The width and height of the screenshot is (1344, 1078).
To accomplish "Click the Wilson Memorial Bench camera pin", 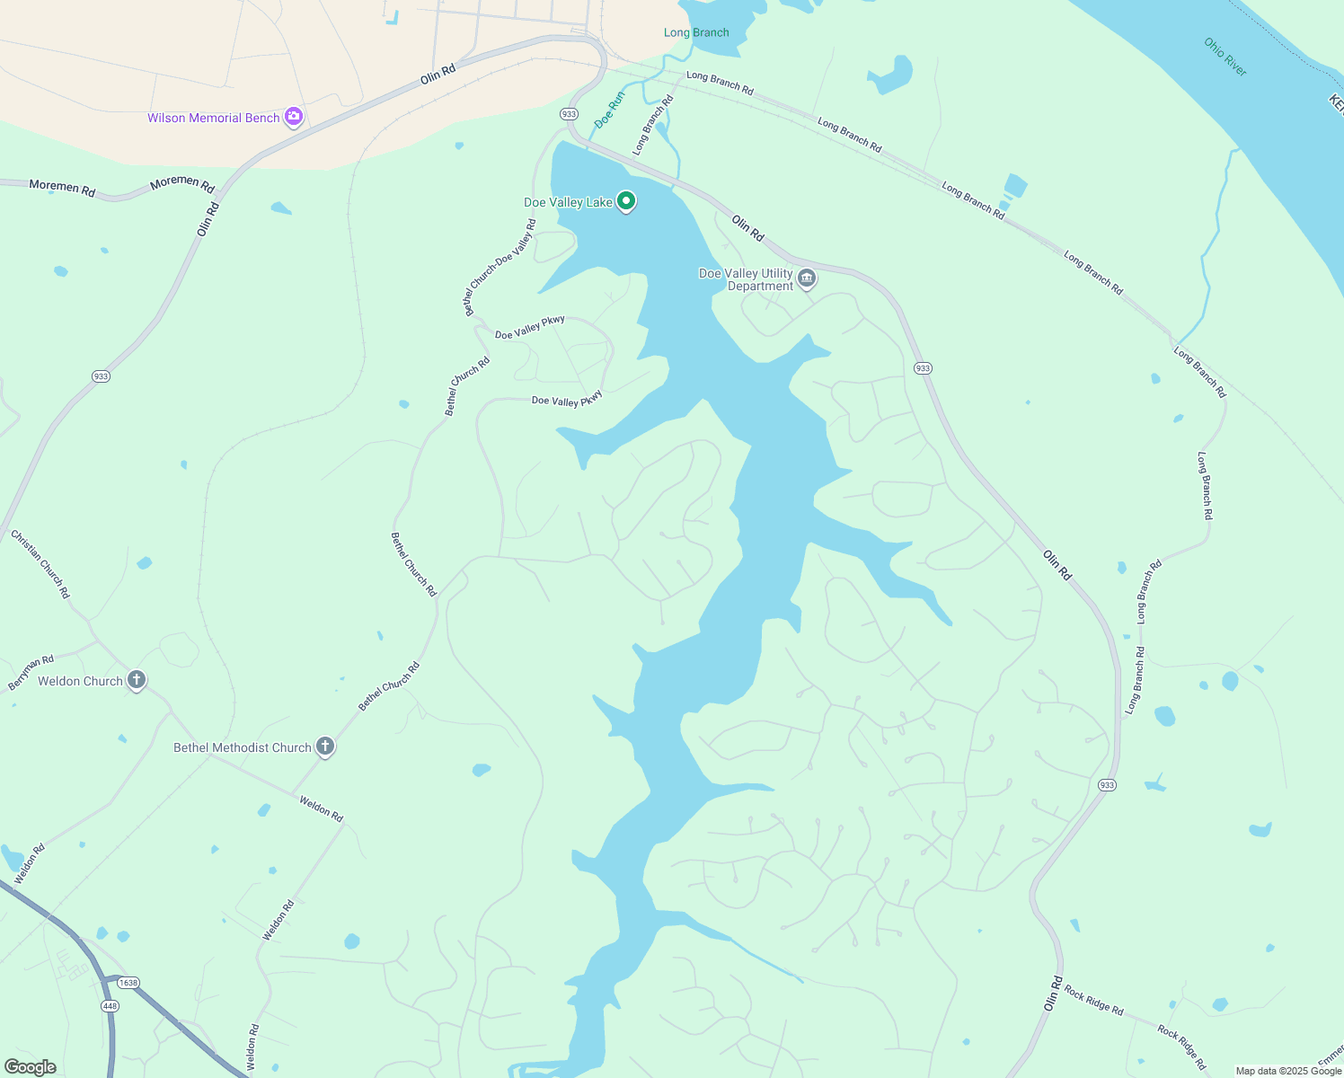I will [x=293, y=117].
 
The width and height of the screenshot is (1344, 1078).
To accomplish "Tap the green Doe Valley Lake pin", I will [x=626, y=201].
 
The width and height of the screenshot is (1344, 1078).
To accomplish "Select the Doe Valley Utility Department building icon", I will [x=807, y=279].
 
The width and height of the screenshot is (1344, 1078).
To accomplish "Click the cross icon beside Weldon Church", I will [x=137, y=680].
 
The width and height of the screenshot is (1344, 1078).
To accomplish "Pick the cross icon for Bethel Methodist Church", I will [x=325, y=747].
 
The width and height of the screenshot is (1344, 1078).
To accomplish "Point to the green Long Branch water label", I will [x=696, y=32].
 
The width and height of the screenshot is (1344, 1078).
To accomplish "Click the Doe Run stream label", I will [x=609, y=110].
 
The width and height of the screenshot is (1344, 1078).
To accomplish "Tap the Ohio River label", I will [x=1225, y=57].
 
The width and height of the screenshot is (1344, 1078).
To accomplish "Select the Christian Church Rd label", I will [x=40, y=564].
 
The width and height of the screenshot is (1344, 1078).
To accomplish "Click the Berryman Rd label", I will [x=31, y=673].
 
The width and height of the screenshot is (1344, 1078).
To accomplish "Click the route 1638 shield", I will [x=128, y=983].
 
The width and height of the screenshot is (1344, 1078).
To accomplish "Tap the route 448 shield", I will [x=110, y=1006].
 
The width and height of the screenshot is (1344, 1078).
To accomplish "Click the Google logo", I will [x=30, y=1067].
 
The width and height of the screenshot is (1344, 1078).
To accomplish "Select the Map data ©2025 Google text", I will [x=1288, y=1071].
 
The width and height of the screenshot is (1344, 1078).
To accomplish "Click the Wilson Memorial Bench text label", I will [x=214, y=118].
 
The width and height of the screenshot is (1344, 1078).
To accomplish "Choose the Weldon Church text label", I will [x=80, y=681].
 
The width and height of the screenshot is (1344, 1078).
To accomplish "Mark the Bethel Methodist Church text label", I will [x=242, y=747].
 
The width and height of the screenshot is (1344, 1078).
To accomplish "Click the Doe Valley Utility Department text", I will [x=747, y=279].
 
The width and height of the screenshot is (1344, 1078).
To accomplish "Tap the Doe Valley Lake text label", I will [x=568, y=202].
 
